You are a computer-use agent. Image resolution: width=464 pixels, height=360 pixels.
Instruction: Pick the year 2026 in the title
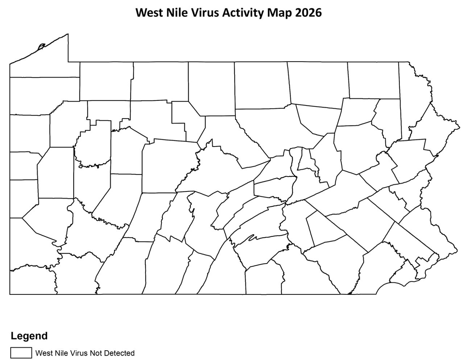tap(308, 13)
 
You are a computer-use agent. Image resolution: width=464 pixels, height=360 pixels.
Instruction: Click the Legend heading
tap(29, 336)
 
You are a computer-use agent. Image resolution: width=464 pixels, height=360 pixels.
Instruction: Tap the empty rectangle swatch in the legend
tap(21, 353)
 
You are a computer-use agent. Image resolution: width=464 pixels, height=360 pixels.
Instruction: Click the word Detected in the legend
tap(118, 353)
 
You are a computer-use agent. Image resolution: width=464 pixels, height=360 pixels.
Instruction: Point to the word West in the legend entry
tap(43, 353)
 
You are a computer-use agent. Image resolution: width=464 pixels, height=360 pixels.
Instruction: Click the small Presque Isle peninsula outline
tap(41, 46)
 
